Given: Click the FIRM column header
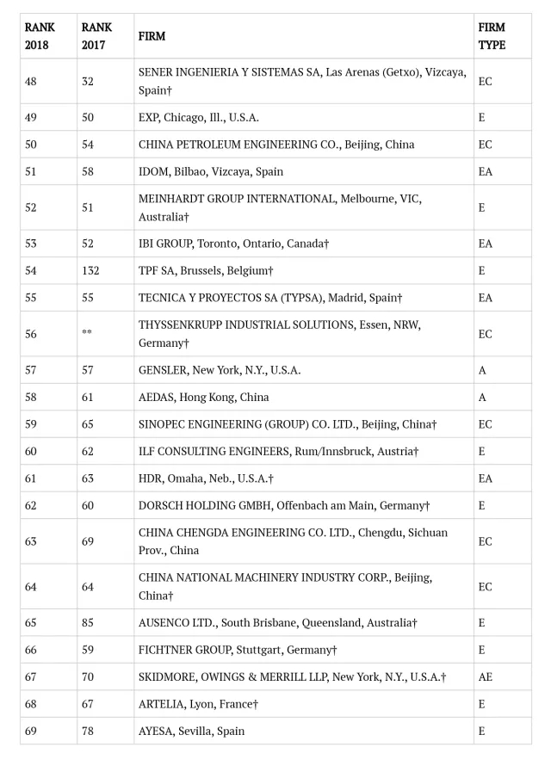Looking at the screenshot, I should pyautogui.click(x=152, y=36).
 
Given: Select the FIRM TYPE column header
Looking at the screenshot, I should pyautogui.click(x=492, y=36).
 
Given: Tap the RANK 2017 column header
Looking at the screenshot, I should pyautogui.click(x=96, y=36).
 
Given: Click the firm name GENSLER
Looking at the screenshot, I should pyautogui.click(x=163, y=370).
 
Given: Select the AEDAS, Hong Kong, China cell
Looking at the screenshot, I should pyautogui.click(x=203, y=397).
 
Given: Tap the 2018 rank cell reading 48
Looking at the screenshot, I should pyautogui.click(x=31, y=81).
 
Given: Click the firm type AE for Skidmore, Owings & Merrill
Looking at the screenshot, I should pyautogui.click(x=486, y=677).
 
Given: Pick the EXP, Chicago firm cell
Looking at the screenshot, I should pyautogui.click(x=198, y=117).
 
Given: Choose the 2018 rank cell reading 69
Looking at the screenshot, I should pyautogui.click(x=31, y=731).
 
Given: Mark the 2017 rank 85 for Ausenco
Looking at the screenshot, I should pyautogui.click(x=88, y=622).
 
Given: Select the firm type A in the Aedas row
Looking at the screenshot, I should pyautogui.click(x=482, y=397).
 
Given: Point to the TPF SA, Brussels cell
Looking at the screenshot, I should pyautogui.click(x=206, y=270).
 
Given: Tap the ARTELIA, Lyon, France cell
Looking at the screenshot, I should pyautogui.click(x=198, y=704).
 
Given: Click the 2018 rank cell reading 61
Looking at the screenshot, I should pyautogui.click(x=31, y=478).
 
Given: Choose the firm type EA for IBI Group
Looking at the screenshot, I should pyautogui.click(x=486, y=244).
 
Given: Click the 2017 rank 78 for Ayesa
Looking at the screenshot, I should pyautogui.click(x=88, y=731).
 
